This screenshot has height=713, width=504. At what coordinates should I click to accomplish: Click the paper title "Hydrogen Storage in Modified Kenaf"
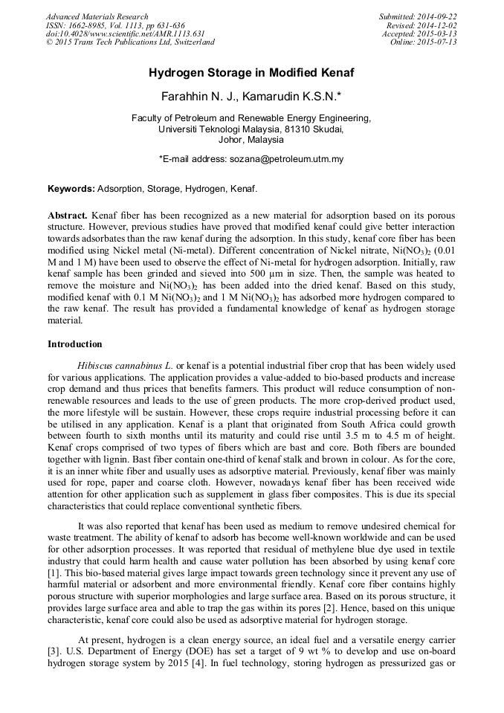(x=251, y=73)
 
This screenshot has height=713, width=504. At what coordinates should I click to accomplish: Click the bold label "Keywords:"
(x=71, y=189)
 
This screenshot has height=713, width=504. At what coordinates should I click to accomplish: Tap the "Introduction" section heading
(x=74, y=344)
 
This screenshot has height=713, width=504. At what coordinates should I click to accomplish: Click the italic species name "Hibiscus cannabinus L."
(x=126, y=365)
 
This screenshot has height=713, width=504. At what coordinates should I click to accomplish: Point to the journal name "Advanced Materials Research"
(x=97, y=16)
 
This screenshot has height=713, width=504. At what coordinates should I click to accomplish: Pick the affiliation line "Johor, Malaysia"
(x=251, y=139)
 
